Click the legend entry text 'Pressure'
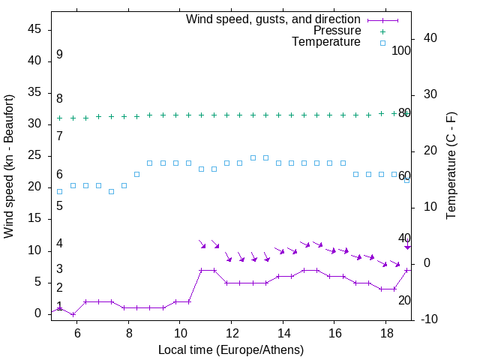337,31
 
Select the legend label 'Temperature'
326,43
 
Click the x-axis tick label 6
77,333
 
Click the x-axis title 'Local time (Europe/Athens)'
232,349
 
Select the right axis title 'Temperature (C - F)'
451,166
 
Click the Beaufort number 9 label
59,55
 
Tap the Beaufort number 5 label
59,205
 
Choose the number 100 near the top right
402,51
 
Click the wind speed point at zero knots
73,313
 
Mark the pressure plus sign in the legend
382,31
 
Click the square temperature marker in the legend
382,43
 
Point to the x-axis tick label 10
180,333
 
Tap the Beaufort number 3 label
59,268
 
